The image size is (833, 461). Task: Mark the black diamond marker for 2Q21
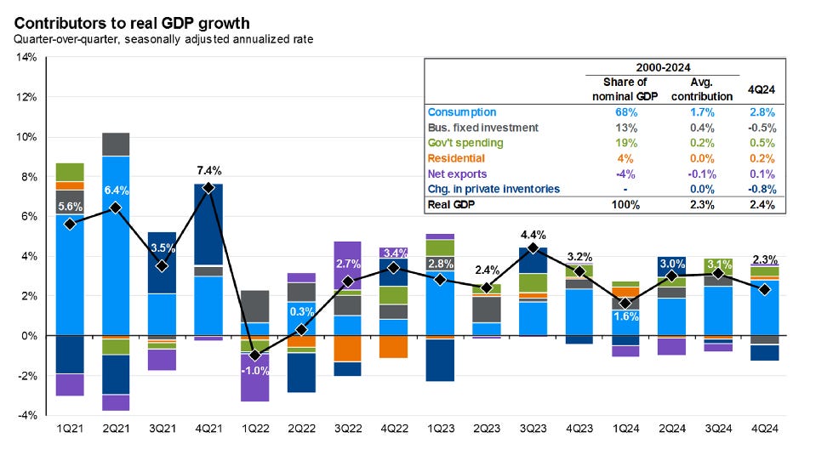click(x=114, y=208)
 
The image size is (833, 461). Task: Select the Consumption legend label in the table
click(x=462, y=112)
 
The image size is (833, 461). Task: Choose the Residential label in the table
click(x=457, y=158)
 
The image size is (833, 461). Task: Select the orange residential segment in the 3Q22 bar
click(x=346, y=349)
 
